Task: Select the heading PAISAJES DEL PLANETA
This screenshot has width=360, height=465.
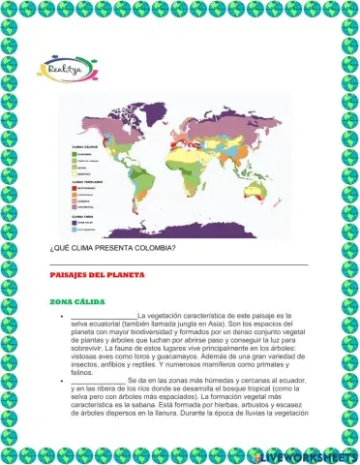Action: pyautogui.click(x=96, y=275)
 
